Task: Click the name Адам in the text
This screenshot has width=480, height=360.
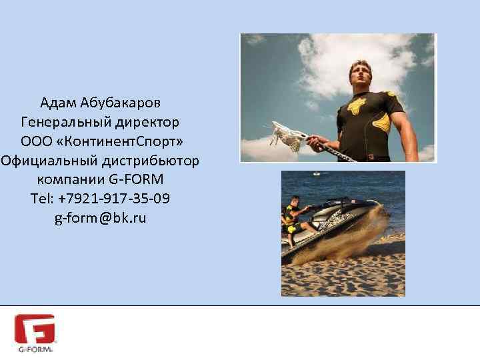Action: (x=58, y=103)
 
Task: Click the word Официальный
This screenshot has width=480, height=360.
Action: (x=50, y=161)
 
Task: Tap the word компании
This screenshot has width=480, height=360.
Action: (x=69, y=180)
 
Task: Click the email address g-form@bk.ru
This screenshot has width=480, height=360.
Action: (x=101, y=219)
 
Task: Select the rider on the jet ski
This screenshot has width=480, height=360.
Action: (x=291, y=220)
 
